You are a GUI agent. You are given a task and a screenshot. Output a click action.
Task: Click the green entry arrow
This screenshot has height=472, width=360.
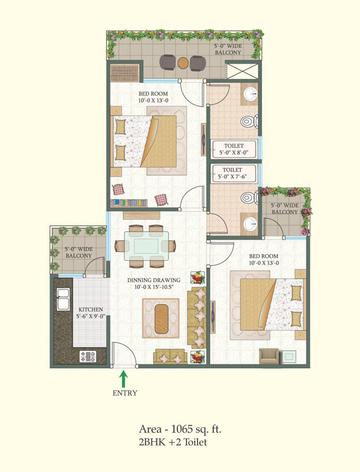pos(123,379)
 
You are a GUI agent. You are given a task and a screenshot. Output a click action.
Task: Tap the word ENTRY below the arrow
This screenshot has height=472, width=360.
pos(125,393)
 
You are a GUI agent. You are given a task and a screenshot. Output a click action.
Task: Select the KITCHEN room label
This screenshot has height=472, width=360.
pos(91,309)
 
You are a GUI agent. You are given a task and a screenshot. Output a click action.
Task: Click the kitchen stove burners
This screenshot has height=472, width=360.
pos(87,357)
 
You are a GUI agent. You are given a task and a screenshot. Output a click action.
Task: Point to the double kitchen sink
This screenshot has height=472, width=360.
pos(63,299)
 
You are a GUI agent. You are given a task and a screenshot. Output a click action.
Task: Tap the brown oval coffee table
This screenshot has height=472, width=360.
pos(162,319)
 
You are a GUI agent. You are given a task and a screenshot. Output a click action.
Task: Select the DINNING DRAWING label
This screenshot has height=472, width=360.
pos(154,280)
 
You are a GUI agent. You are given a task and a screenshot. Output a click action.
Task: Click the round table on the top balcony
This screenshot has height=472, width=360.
pos(183,63)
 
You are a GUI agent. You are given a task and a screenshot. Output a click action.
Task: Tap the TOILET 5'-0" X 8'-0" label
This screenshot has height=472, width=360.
pos(234,149)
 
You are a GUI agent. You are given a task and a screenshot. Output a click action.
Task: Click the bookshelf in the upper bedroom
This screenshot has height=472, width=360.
pos(129,202)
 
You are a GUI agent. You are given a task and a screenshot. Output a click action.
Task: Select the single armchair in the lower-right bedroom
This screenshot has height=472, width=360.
pos(269,356)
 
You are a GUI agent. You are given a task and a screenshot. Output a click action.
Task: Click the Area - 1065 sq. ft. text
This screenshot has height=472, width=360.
pos(180,429)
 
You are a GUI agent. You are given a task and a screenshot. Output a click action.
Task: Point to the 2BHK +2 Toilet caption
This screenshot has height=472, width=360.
pos(173,442)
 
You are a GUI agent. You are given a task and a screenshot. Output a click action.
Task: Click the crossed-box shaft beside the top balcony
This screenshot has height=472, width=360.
pos(242,71)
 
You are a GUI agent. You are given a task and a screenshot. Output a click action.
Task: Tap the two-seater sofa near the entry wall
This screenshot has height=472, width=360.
pos(171,356)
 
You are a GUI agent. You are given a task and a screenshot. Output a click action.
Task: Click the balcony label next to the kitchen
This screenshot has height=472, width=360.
pos(79,253)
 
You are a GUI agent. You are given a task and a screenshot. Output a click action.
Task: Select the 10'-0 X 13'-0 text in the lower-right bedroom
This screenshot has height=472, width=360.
pos(264,263)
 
